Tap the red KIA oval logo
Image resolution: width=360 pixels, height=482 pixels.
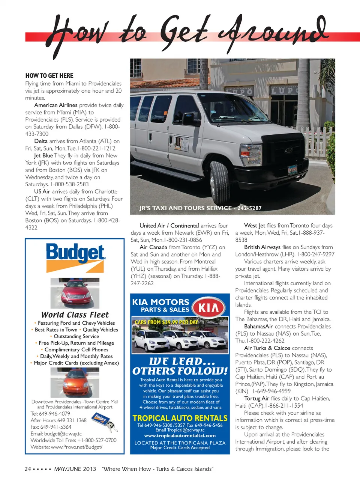coord(208,308)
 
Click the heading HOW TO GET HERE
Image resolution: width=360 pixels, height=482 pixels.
coord(49,75)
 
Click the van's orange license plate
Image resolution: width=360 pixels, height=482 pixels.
coord(292,170)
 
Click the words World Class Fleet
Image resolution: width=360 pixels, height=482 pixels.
coord(75,315)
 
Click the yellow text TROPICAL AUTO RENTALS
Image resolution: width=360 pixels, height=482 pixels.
coord(180,418)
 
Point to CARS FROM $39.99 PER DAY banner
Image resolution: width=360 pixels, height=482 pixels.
coord(166,322)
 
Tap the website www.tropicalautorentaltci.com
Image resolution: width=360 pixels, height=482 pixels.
coord(180,435)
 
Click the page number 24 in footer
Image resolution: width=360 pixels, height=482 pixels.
coord(28,469)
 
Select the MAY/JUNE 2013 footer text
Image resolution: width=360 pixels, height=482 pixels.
coord(75,469)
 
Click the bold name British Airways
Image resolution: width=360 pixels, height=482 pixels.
coord(262,247)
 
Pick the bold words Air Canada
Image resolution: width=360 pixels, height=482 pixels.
coord(153,247)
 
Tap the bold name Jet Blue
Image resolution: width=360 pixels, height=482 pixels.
coord(43,155)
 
